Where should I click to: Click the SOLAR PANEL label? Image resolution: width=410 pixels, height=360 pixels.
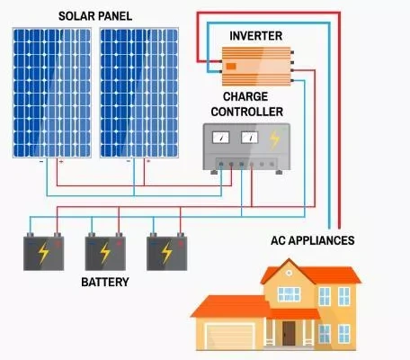tap(95, 16)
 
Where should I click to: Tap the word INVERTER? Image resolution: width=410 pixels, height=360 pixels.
tap(256, 36)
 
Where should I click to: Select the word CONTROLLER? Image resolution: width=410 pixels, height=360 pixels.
tap(247, 112)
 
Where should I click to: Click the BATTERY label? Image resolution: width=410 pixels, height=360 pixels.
tap(105, 282)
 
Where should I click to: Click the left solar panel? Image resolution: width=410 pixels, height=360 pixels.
tap(52, 93)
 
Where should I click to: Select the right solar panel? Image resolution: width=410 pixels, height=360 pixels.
tap(139, 93)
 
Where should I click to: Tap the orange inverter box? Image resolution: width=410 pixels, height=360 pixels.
tap(256, 67)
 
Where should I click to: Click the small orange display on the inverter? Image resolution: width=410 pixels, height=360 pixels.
tap(231, 67)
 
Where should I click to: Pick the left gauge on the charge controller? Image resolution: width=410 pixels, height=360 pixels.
tap(221, 138)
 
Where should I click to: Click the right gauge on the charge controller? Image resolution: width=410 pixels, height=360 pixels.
tap(249, 138)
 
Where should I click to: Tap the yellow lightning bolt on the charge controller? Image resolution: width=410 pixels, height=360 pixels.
tap(274, 139)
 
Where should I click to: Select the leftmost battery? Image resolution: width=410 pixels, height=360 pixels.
tap(44, 252)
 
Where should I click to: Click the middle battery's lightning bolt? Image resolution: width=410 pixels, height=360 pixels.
tap(105, 253)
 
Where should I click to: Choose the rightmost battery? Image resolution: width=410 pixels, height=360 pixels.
tap(167, 252)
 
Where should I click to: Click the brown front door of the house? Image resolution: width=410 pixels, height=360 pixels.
tap(289, 333)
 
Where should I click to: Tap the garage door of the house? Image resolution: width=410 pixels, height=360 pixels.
tap(230, 337)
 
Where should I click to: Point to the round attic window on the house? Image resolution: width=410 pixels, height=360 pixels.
tap(289, 273)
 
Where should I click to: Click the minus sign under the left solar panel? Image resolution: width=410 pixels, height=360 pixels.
tap(41, 161)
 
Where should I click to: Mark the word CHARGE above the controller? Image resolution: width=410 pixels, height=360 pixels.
tap(245, 96)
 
